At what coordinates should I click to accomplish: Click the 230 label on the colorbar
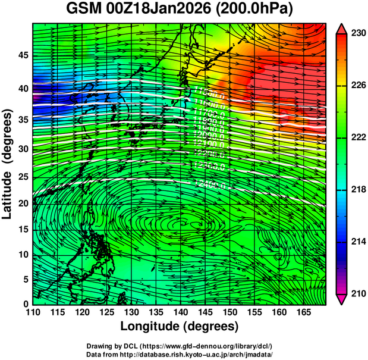click(x=357, y=34)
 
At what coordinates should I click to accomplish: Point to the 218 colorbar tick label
click(x=357, y=189)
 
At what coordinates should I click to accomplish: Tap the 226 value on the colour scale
click(x=357, y=86)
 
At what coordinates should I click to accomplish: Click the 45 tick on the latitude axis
click(x=23, y=55)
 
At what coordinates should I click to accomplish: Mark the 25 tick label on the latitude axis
click(x=23, y=177)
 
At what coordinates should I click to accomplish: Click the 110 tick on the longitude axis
click(x=33, y=312)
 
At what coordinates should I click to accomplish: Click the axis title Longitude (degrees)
click(x=180, y=327)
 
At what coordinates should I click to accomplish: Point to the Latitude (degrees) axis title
click(x=8, y=164)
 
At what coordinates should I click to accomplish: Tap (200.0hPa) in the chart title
click(x=257, y=10)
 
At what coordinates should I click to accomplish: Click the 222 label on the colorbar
click(x=357, y=137)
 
